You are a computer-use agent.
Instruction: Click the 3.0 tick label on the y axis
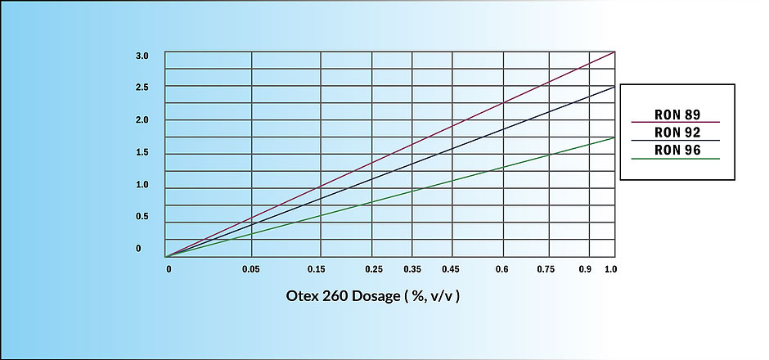pyautogui.click(x=142, y=56)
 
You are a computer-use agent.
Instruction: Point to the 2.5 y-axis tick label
pyautogui.click(x=142, y=88)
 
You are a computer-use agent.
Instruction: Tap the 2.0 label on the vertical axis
pyautogui.click(x=142, y=120)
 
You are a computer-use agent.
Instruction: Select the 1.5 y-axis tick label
pyautogui.click(x=142, y=152)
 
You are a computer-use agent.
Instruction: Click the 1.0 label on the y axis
pyautogui.click(x=142, y=185)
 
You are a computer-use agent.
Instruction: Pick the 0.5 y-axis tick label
pyautogui.click(x=142, y=216)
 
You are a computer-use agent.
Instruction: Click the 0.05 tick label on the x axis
pyautogui.click(x=252, y=269)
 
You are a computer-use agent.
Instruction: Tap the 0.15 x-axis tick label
pyautogui.click(x=317, y=269)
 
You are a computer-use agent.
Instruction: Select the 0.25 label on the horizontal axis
pyautogui.click(x=374, y=269)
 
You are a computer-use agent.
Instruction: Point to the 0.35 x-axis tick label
pyautogui.click(x=412, y=269)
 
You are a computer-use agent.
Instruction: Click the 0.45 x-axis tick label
pyautogui.click(x=450, y=269)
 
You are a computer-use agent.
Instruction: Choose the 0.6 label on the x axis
pyautogui.click(x=501, y=269)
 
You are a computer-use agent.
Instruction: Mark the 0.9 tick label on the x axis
pyautogui.click(x=585, y=269)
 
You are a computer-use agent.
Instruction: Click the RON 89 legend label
pyautogui.click(x=677, y=115)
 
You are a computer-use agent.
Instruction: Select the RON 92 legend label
pyautogui.click(x=677, y=133)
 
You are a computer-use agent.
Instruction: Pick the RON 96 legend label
pyautogui.click(x=677, y=150)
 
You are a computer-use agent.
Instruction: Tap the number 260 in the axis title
pyautogui.click(x=336, y=296)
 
